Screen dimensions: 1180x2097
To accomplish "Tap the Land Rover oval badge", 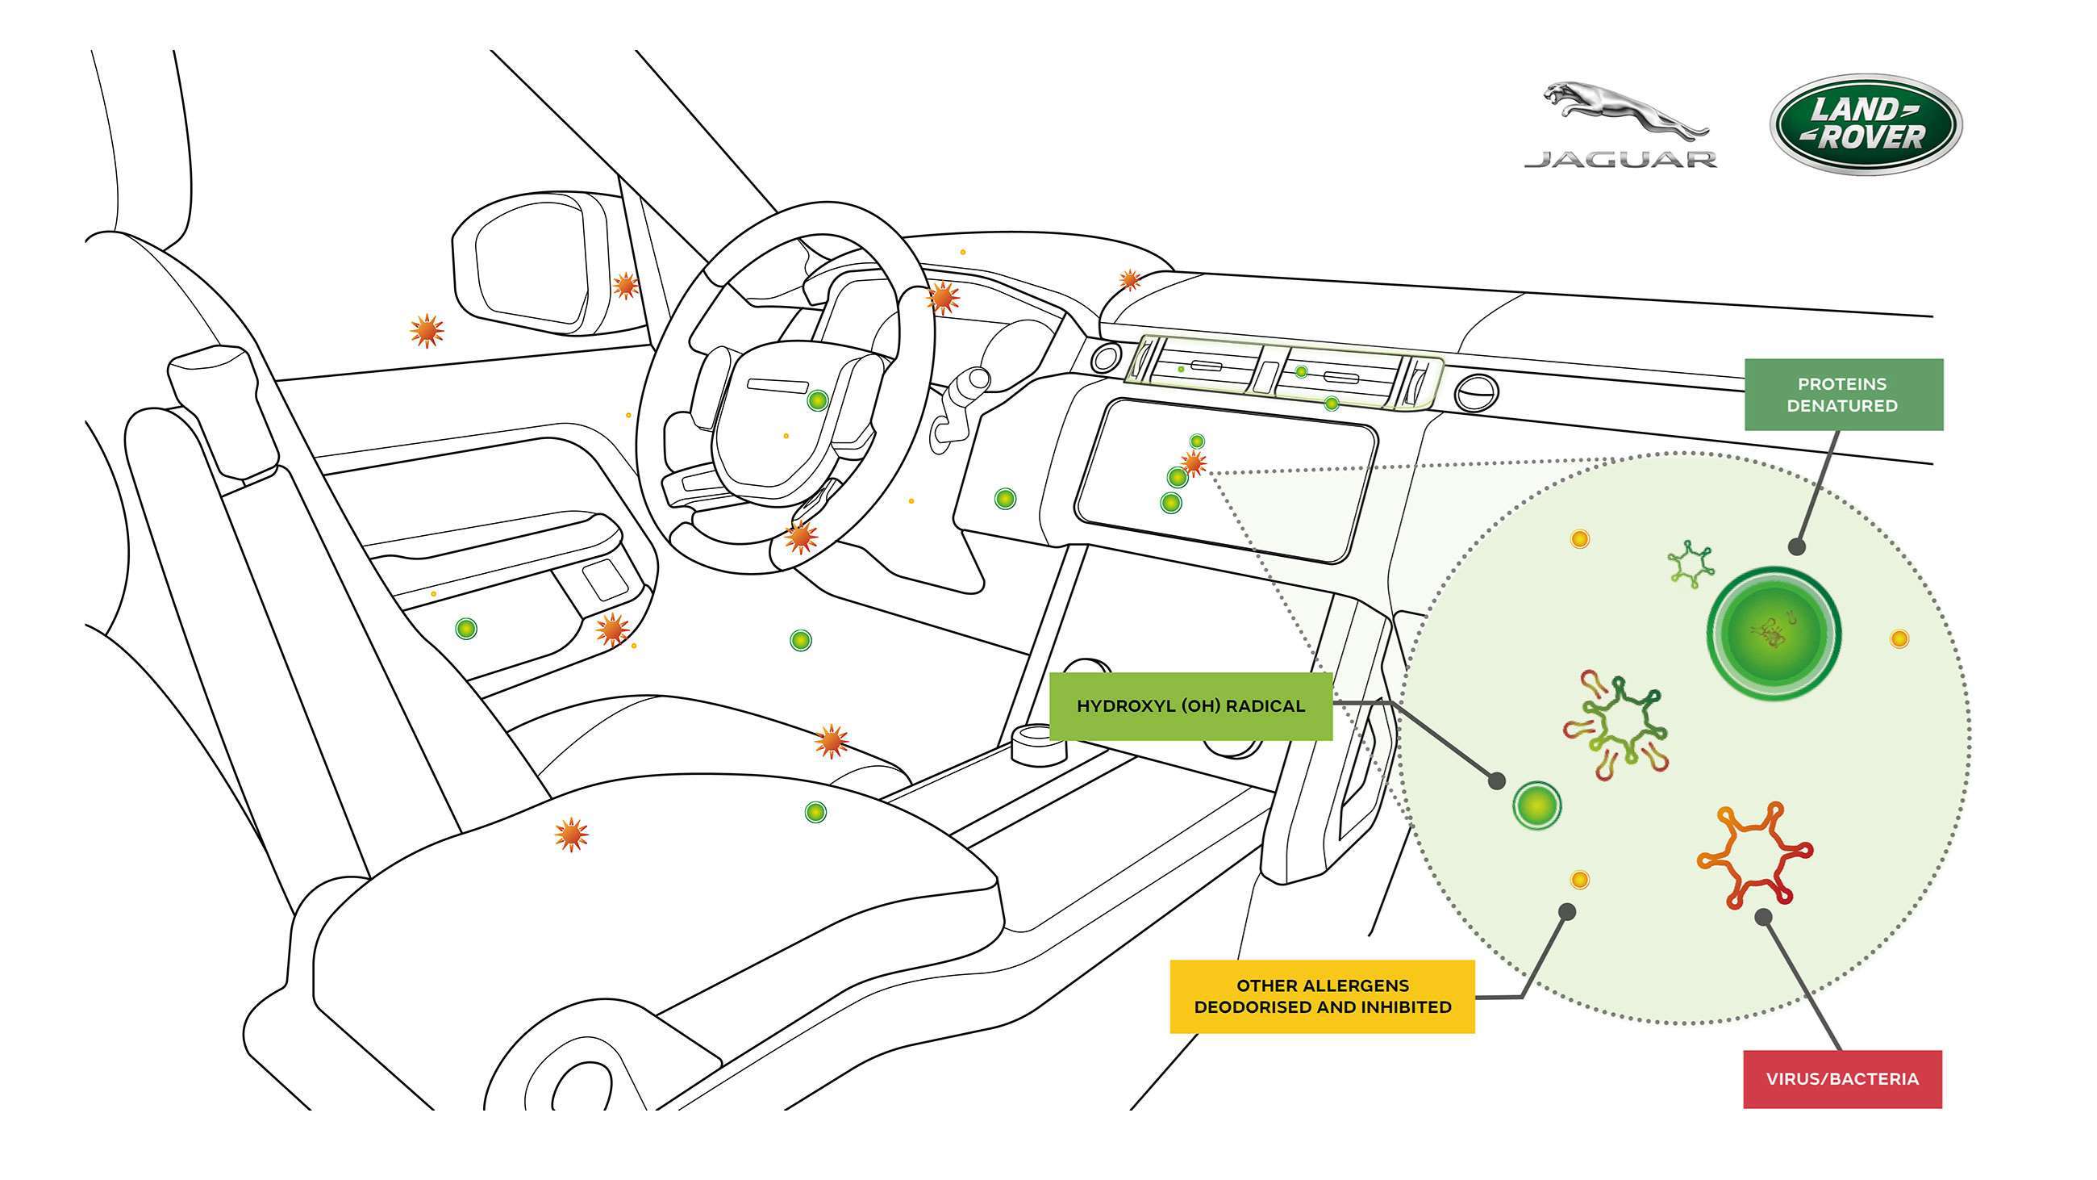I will [1865, 124].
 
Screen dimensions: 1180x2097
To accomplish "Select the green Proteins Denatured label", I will [1843, 394].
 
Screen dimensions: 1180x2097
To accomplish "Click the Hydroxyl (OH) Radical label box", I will [1190, 706].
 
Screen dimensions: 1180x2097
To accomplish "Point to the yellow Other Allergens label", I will [1321, 996].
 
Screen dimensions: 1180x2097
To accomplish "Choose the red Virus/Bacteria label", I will [1841, 1079].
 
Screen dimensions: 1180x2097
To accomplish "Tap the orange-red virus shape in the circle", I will [1754, 855].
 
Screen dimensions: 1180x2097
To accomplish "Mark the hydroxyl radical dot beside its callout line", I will [1536, 805].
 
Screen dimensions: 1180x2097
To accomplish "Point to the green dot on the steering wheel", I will [817, 400].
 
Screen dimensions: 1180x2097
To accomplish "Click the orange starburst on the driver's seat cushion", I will [571, 835].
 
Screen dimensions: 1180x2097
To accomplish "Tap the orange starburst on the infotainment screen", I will [1194, 463].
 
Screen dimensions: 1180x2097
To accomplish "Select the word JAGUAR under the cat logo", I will [1620, 160].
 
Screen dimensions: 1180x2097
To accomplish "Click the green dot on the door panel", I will [465, 628].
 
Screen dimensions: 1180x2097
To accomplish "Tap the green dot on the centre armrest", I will [815, 812].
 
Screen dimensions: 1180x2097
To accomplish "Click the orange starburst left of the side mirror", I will [427, 331].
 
